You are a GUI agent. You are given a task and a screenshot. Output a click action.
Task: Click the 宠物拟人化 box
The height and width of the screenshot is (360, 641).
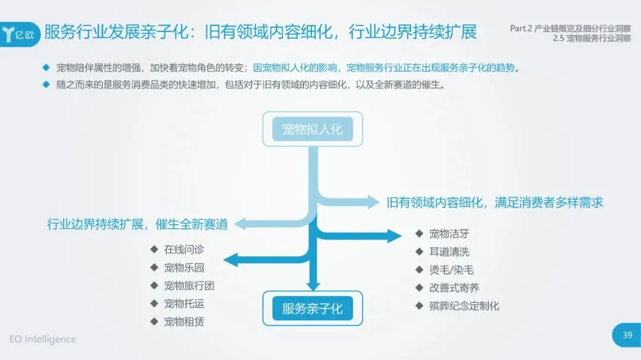(312, 129)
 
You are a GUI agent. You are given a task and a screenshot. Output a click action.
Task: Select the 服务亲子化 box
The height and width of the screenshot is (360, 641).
(312, 308)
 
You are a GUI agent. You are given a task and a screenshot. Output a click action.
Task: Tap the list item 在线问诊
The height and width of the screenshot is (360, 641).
(184, 250)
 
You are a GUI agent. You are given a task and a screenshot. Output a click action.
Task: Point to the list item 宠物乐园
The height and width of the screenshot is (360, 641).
(184, 267)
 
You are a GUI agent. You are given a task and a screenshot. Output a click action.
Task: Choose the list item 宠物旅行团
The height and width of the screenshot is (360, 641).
(189, 286)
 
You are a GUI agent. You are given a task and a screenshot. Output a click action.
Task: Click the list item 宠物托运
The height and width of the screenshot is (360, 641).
(184, 304)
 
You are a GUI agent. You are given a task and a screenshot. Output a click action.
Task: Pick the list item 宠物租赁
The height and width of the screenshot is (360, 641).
(184, 321)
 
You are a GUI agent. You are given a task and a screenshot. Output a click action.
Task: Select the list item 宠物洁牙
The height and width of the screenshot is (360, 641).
(449, 234)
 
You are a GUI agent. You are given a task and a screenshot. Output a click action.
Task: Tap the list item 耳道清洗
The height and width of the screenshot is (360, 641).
(449, 251)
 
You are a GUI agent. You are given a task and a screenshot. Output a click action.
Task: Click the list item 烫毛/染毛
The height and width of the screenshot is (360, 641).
(451, 270)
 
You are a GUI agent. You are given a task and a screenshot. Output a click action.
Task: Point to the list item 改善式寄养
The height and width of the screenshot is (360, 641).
(454, 288)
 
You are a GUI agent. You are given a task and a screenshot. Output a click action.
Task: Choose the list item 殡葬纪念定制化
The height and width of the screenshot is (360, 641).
(464, 306)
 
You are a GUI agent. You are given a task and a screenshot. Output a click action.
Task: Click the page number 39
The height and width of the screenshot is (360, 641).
(627, 336)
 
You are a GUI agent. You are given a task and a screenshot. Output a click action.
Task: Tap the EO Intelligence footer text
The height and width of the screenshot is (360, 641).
(43, 339)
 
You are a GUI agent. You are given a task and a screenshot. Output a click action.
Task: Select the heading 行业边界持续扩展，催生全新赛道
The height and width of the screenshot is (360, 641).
(138, 224)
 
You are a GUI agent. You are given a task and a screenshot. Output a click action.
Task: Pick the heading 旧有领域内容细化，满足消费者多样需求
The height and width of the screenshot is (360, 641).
(494, 202)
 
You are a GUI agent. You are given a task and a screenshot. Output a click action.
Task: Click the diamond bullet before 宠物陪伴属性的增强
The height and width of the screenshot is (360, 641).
(46, 67)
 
